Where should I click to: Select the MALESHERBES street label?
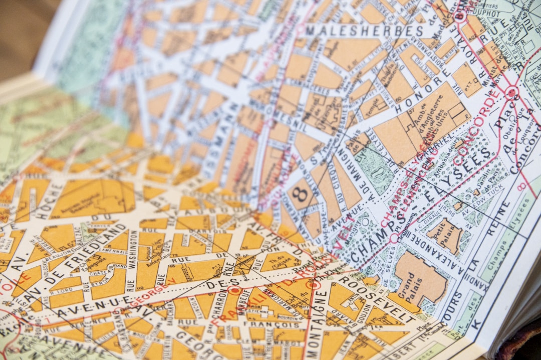point(364,31)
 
